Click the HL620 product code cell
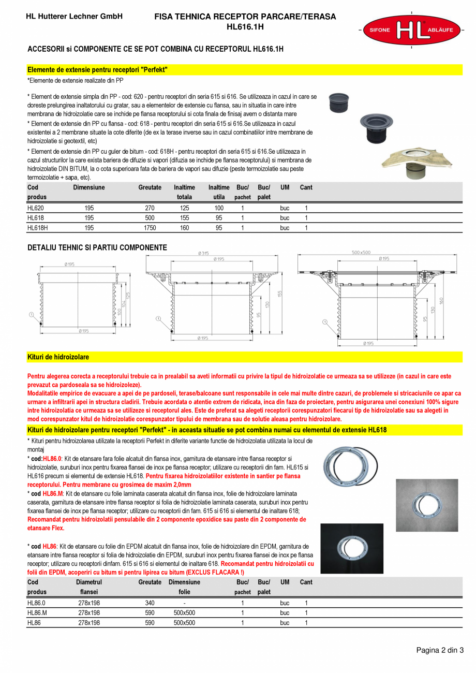36,208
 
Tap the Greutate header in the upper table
150,187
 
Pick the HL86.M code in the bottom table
37,613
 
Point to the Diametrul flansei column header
89,587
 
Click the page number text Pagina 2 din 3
440,650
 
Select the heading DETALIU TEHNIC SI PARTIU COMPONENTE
97,248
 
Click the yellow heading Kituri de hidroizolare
58,357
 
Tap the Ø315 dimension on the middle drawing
203,253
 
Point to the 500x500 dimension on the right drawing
361,253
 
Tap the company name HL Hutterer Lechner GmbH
74,17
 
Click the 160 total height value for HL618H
184,227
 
